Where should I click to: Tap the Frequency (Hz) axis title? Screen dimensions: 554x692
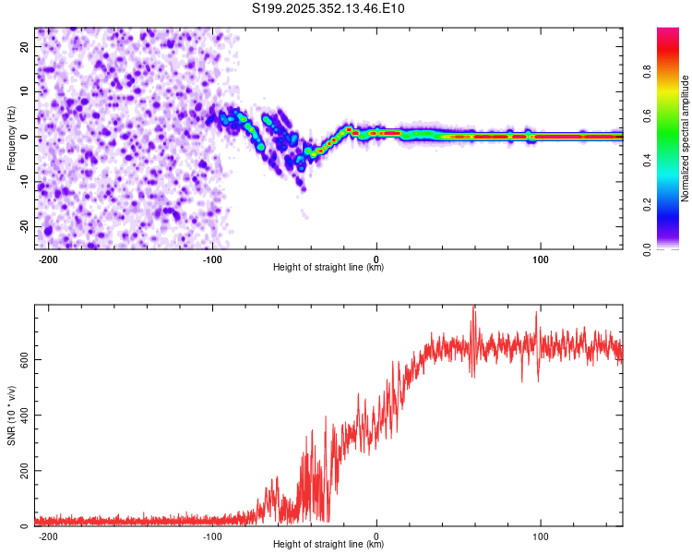11,138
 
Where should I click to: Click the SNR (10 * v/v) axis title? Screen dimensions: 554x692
11,415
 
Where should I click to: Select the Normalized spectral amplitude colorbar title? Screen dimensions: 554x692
685,138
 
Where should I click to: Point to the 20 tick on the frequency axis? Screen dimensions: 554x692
24,46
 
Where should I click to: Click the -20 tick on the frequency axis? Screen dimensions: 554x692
22,226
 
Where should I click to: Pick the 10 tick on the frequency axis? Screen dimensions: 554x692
24,91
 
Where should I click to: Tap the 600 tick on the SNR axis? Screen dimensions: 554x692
21,359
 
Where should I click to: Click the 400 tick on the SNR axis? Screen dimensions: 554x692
21,415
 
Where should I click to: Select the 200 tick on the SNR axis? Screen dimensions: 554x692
21,471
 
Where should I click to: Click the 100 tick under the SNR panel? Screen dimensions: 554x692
541,536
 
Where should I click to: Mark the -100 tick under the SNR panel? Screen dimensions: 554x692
211,536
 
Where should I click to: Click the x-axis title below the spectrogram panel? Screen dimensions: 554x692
328,268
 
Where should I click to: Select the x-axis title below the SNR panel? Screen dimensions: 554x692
328,545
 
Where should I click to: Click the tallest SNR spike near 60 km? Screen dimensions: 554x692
474,308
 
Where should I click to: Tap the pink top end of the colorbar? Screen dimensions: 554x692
667,32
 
